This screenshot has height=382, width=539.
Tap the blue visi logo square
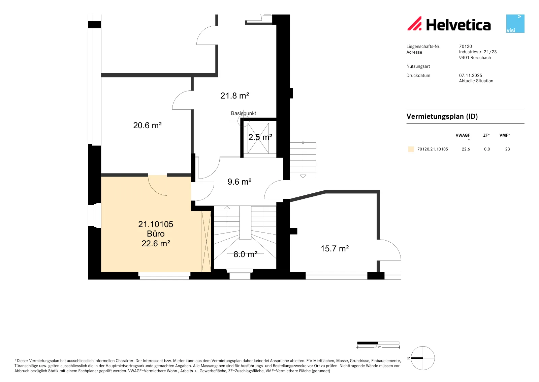coord(515,24)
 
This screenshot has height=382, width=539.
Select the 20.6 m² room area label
coord(147,125)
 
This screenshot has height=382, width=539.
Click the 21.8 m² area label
coord(234,96)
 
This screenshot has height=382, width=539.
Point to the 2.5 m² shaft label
coord(260,137)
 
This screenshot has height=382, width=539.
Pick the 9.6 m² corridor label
coord(240,182)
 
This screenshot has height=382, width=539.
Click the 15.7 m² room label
coord(335,248)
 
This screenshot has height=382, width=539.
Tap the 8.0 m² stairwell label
coord(246,254)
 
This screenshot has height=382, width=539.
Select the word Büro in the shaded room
coord(156,234)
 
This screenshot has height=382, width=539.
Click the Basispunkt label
coord(243,113)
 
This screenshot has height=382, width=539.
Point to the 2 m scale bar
coord(378,343)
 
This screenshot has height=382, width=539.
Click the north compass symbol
coord(423,358)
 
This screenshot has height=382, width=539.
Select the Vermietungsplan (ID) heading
coord(442,116)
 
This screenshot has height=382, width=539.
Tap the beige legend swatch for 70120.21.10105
coord(411,149)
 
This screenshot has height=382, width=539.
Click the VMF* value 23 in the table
coord(507,149)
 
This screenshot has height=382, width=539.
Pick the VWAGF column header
coord(463,135)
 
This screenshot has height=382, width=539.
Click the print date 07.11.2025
coord(470,76)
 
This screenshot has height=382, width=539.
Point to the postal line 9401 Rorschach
coord(475,58)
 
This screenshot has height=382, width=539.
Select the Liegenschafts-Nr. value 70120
coord(465,46)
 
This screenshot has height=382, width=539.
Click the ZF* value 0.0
coord(487,149)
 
